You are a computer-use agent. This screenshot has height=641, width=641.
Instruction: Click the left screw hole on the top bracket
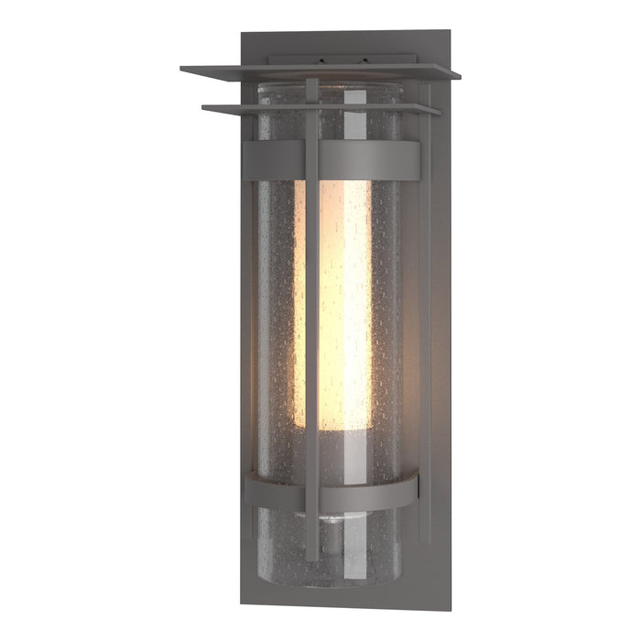coord(321,62)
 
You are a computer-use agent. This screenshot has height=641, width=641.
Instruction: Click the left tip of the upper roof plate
coord(182,69)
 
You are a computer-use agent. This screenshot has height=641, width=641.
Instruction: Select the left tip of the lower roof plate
coord(204,108)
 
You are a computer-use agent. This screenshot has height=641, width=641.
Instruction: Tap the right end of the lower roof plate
coord(439,112)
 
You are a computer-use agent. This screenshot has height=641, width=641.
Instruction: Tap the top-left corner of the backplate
coord(242,35)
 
